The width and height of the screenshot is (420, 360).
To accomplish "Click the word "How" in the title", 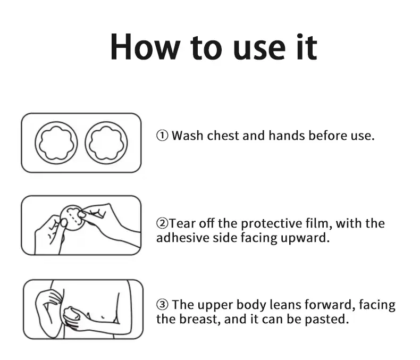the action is (x=145, y=47).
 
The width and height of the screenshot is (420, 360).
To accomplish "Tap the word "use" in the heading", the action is (x=259, y=50).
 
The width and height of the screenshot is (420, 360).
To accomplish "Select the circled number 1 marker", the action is (x=162, y=136).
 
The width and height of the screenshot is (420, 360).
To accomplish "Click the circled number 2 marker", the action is (x=162, y=223).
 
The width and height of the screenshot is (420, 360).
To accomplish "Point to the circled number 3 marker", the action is (x=162, y=305).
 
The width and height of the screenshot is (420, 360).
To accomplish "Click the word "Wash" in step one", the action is (x=188, y=136).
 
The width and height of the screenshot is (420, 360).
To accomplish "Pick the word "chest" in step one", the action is (x=223, y=136).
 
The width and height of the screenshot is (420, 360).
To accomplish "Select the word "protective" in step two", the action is (x=271, y=224).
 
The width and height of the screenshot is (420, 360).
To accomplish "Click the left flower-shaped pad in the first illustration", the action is (x=56, y=143).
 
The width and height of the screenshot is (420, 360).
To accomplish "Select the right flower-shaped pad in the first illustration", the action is (x=106, y=143).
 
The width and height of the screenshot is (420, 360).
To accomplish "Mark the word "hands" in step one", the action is (x=287, y=136).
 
